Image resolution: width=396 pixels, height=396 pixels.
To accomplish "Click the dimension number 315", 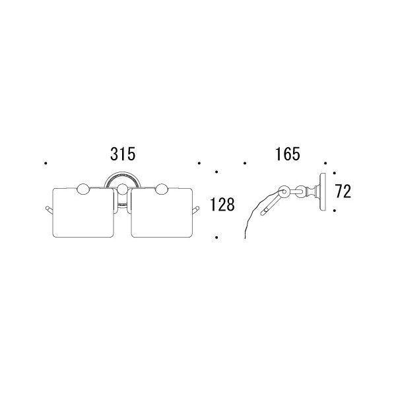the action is click(x=123, y=154).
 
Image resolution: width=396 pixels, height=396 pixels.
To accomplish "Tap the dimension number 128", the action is click(x=222, y=205).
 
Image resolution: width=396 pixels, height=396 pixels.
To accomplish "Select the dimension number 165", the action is click(x=288, y=154).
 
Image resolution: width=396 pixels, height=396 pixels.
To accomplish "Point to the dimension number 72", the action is click(x=343, y=191).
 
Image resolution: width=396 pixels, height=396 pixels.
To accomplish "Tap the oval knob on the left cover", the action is click(x=83, y=189).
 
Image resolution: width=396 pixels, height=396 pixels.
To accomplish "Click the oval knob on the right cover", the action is click(x=162, y=189).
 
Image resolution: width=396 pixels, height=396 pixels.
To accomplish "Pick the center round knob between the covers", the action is click(x=123, y=189).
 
